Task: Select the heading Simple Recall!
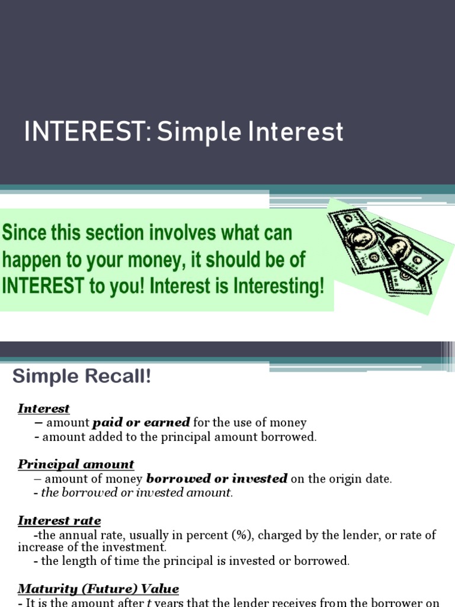pyautogui.click(x=82, y=376)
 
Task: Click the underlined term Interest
pyautogui.click(x=44, y=408)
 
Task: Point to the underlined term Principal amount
pyautogui.click(x=76, y=464)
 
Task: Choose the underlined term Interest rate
pyautogui.click(x=59, y=520)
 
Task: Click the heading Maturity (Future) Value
pyautogui.click(x=98, y=589)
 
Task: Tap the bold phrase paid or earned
pyautogui.click(x=141, y=423)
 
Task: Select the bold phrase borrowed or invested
pyautogui.click(x=217, y=478)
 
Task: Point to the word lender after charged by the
pyautogui.click(x=361, y=535)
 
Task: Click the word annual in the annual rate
pyautogui.click(x=76, y=535)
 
